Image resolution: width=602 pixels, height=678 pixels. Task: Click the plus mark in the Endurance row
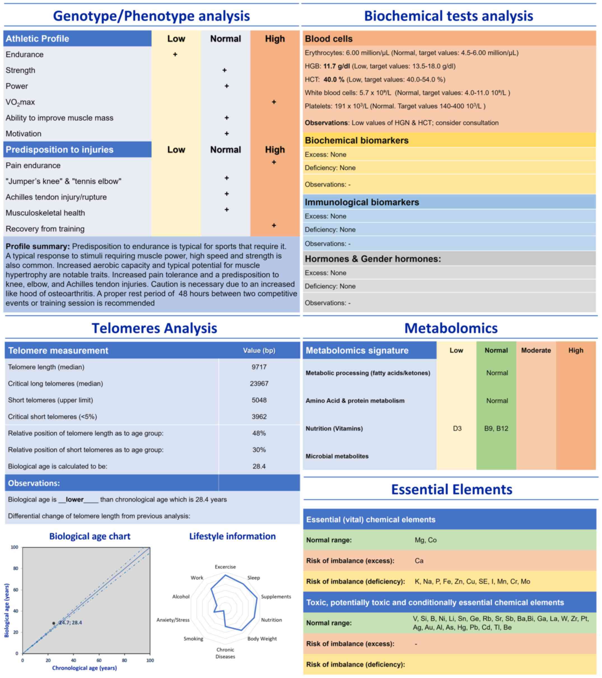coord(175,54)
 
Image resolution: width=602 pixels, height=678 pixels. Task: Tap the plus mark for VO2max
coord(274,102)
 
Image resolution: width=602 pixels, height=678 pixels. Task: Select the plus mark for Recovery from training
coord(274,226)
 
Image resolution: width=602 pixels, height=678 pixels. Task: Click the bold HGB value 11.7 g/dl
coord(337,66)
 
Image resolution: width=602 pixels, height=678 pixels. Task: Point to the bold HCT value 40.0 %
coord(334,80)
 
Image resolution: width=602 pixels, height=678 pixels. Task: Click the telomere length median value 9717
coord(259,367)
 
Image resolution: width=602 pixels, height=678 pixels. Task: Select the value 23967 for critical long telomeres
coord(259,384)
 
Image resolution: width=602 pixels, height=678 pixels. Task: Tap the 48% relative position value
coord(259,433)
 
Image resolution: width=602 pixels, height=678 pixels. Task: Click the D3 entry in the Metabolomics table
coord(457,429)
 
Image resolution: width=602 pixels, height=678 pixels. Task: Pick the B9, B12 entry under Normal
coord(496,429)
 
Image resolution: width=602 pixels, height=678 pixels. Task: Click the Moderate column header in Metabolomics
coord(536,350)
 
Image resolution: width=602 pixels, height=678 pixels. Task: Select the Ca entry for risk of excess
coord(419,561)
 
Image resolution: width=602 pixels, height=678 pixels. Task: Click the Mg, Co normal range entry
coord(425,540)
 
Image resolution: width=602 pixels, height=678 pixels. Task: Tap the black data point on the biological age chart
coord(54,623)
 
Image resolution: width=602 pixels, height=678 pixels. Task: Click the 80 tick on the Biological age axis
coord(16,569)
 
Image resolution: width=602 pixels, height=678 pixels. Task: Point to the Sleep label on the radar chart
coord(254,578)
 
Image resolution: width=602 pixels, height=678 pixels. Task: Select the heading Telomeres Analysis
coord(154,328)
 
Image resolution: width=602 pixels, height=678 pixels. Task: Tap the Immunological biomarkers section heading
coord(362,202)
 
